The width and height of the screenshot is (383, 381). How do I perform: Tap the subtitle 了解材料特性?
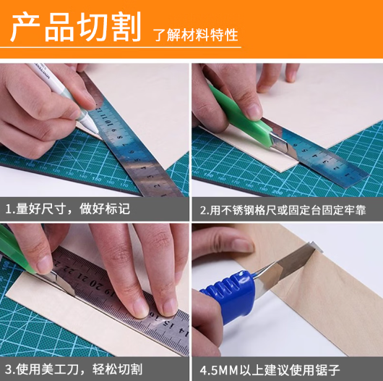coord(195,35)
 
